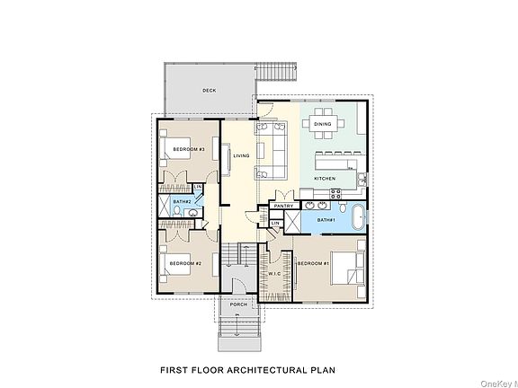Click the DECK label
[x=209, y=90]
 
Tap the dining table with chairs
[x=322, y=123]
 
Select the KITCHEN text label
[x=325, y=179]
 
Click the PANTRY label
[x=283, y=206]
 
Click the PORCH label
[x=238, y=304]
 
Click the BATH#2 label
[x=182, y=202]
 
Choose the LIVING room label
[x=241, y=155]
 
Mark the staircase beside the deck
[x=274, y=73]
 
